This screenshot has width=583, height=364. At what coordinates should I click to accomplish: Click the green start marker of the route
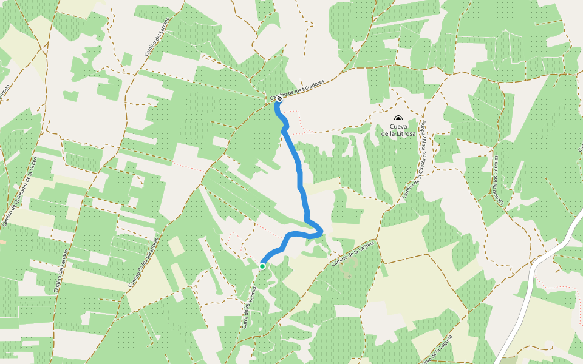point(262,266)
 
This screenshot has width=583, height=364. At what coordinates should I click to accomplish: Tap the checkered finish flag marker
point(279,98)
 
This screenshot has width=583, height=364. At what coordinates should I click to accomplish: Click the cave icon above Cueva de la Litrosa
point(398,118)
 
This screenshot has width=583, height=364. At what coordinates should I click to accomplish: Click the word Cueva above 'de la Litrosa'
point(399,126)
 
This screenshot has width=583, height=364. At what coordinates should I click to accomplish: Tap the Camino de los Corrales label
point(496,178)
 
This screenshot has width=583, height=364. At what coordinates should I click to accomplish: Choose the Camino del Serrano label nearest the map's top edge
point(155,39)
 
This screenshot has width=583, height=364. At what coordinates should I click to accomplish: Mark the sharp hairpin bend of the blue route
point(319,231)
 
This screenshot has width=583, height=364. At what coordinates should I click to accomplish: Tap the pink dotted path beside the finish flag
point(294,113)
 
